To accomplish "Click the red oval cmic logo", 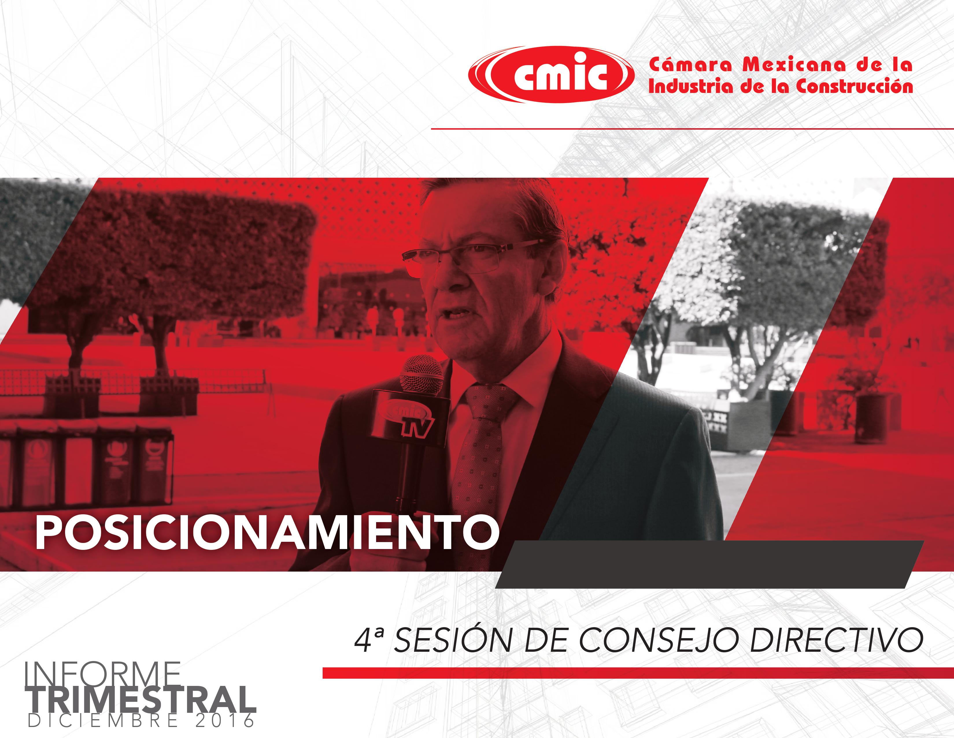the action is pyautogui.click(x=551, y=75).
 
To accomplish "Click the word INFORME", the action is pyautogui.click(x=103, y=675).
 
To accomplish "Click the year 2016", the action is pyautogui.click(x=225, y=721).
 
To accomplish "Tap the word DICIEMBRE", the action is pyautogui.click(x=103, y=721).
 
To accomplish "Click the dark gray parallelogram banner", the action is pyautogui.click(x=710, y=564).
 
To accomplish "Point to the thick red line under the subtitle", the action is pyautogui.click(x=638, y=673).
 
